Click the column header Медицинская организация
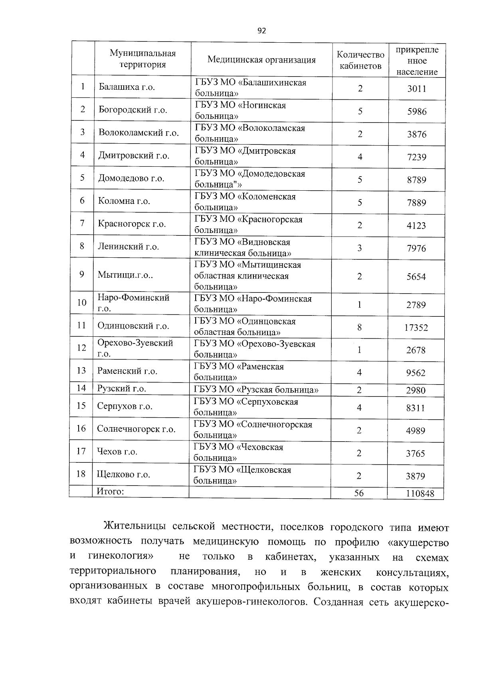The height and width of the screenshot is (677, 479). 261,60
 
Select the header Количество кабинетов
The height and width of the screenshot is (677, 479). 360,60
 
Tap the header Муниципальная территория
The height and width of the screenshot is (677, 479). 143,59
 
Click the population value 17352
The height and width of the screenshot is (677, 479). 416,328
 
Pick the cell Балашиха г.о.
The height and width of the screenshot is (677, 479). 127,87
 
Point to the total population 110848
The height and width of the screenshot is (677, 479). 419,493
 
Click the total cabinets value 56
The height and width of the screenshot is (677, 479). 359,493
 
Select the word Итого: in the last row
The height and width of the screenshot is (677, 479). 111,491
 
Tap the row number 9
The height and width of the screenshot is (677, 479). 82,274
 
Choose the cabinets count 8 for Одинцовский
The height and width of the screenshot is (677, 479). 359,328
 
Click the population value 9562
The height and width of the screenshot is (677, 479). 416,373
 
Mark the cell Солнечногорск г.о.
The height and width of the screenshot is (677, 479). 136,429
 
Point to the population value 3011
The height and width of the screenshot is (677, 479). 417,89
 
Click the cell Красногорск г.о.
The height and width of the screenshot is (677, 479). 132,224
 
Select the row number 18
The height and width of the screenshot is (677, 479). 81,474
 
